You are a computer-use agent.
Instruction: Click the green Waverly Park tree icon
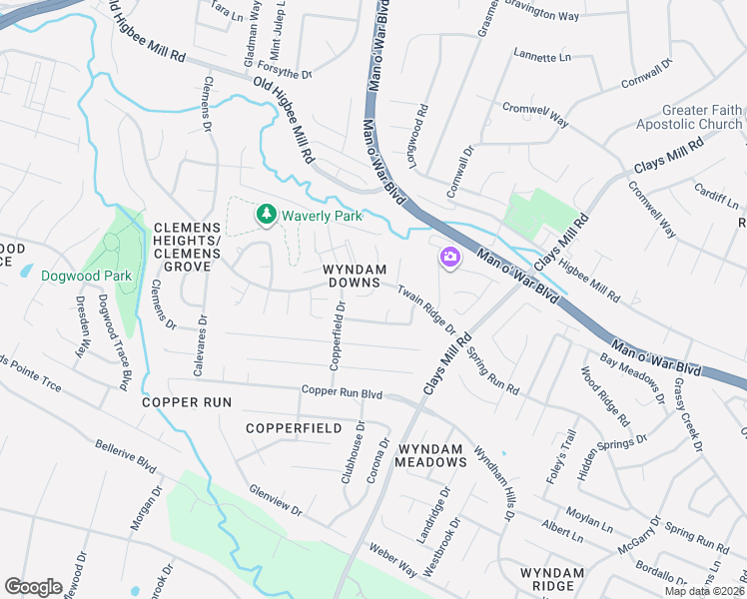[x=266, y=214]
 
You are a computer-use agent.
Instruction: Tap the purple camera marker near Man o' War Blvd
[x=449, y=259]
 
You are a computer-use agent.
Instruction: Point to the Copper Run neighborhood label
[x=187, y=402]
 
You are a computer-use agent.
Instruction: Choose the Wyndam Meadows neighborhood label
[x=430, y=454]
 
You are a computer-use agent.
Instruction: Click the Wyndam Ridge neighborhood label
[x=551, y=580]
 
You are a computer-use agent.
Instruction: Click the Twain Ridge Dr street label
[x=426, y=309]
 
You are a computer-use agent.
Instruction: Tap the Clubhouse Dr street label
[x=359, y=450]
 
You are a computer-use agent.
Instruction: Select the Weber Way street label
[x=392, y=560]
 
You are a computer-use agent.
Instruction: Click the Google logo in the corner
[x=34, y=586]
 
